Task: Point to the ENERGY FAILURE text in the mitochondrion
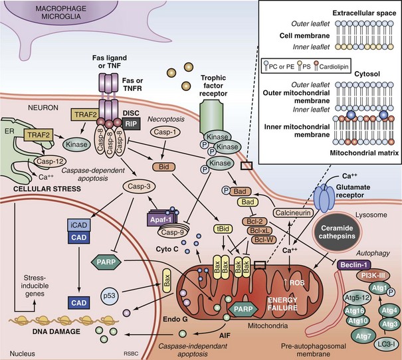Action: pyautogui.click(x=277, y=289)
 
